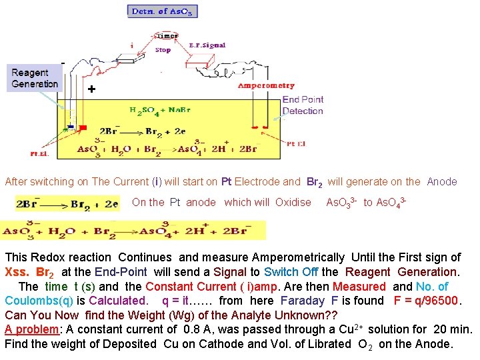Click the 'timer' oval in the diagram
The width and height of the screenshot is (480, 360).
(166, 36)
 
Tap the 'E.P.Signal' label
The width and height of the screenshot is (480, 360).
(207, 45)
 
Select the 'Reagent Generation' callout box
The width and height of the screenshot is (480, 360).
(35, 78)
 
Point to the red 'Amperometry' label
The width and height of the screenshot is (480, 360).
(266, 85)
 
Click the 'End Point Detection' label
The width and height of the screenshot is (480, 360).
(303, 105)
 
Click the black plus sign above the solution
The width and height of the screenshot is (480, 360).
(91, 89)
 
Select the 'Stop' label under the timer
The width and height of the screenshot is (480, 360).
(163, 50)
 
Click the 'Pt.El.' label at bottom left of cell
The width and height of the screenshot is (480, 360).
(39, 153)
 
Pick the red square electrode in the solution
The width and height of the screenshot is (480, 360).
(83, 127)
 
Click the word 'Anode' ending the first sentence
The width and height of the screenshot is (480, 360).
(442, 181)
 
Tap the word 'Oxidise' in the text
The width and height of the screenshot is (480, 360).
(293, 202)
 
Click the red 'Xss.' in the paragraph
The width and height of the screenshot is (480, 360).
(17, 272)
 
